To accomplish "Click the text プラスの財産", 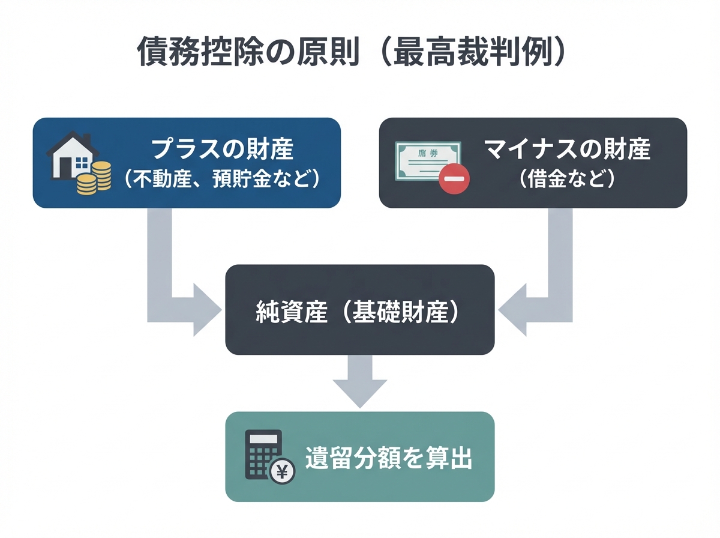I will (x=223, y=148).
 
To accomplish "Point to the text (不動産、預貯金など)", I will (x=222, y=179).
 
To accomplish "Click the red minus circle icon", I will (x=454, y=178).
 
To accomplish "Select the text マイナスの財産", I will (x=567, y=148).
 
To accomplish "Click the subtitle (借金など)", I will (x=567, y=179).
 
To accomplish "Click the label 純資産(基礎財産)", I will (x=359, y=312).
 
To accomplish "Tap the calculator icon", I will (x=262, y=455).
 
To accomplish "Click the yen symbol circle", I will (x=281, y=471).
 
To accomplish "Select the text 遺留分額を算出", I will (x=389, y=458).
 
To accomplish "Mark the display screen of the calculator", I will (x=262, y=440).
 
